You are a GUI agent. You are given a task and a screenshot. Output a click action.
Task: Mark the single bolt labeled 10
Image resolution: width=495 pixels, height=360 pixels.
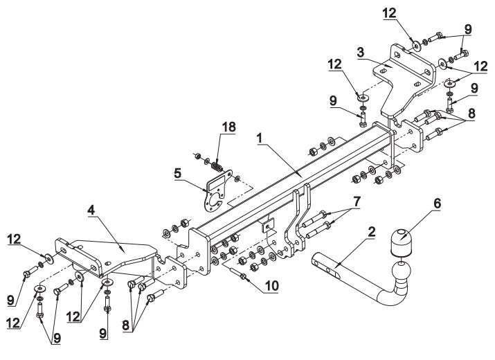[242, 276]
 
